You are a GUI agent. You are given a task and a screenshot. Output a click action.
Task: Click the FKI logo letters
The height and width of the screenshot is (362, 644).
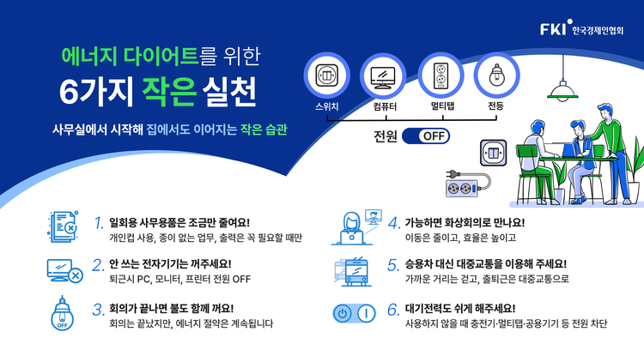point(553,29)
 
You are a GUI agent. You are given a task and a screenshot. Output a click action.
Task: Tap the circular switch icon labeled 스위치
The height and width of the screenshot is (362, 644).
point(327,75)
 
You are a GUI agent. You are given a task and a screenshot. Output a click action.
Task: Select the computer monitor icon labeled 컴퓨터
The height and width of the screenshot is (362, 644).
point(383,76)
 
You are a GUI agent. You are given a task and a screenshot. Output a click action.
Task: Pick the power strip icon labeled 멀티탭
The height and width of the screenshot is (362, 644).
point(440,75)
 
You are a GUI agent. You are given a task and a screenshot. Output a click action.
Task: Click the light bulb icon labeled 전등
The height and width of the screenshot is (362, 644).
point(496,75)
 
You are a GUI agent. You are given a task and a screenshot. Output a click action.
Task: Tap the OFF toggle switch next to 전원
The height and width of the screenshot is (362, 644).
point(426,136)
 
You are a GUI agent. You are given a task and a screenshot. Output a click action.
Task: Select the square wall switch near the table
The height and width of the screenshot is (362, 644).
point(493,153)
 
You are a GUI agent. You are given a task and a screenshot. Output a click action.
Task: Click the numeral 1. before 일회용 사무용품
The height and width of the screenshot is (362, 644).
point(99,223)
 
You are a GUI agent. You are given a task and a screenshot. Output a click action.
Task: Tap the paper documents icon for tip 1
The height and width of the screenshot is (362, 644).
point(63,226)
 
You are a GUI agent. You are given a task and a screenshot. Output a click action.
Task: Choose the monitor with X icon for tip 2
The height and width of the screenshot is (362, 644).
point(65,271)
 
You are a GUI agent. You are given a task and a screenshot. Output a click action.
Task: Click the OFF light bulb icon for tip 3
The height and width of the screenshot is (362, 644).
point(62,313)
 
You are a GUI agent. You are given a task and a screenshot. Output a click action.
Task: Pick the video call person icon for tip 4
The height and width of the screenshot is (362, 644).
point(356,227)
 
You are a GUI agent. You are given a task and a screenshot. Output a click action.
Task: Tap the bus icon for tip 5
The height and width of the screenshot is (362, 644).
point(354,272)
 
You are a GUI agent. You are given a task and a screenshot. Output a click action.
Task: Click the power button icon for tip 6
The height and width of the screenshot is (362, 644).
point(354,314)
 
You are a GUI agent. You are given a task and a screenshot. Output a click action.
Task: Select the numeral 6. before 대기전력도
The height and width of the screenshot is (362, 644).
point(393,309)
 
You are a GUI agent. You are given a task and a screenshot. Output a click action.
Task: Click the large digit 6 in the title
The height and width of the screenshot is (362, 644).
point(69,92)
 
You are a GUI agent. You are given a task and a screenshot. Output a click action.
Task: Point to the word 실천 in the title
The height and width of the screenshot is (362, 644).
point(229,91)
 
